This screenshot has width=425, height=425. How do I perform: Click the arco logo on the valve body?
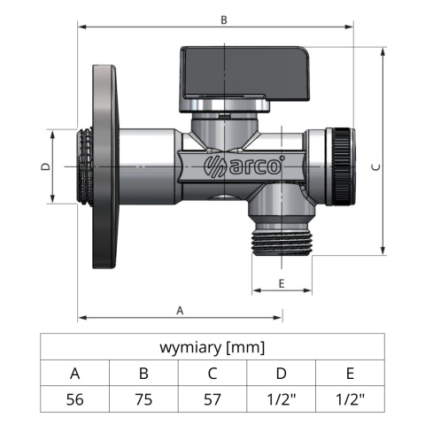[x=233, y=165]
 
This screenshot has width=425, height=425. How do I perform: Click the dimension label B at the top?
[x=223, y=19]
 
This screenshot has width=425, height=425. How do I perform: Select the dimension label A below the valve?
[x=180, y=310]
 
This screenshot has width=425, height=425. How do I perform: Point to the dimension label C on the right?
[x=375, y=165]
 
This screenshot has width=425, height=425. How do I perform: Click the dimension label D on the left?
[x=44, y=166]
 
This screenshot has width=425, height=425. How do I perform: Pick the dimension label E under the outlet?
[x=281, y=282]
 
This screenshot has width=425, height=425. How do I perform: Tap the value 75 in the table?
[x=143, y=398]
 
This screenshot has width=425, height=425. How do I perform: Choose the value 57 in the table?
[x=212, y=398]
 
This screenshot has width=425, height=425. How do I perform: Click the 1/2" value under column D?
[x=281, y=398]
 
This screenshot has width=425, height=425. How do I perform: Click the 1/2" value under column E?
[x=350, y=398]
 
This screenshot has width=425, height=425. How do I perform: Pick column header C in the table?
[x=212, y=373]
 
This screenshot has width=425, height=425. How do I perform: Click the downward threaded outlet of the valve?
[x=281, y=242]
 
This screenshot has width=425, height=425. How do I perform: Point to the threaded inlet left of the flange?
[x=80, y=166]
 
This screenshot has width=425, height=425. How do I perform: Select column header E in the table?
[x=350, y=373]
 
